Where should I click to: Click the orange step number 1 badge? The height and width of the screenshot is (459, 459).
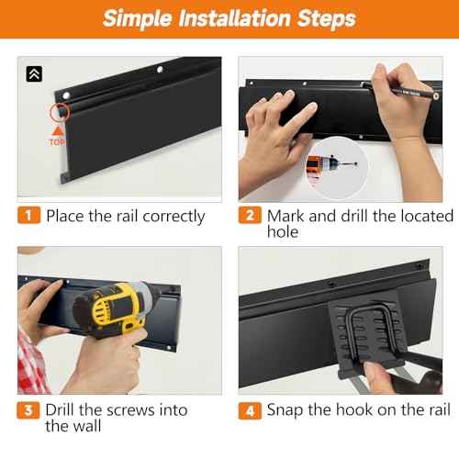point(28,215)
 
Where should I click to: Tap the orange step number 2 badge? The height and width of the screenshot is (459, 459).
point(250,215)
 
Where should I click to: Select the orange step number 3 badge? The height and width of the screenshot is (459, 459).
point(28,410)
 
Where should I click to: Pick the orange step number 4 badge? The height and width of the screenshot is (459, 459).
point(250,410)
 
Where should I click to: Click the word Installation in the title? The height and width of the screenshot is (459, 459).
point(234,18)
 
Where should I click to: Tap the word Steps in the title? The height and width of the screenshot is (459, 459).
point(327,18)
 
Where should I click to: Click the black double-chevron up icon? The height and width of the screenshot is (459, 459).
point(34,73)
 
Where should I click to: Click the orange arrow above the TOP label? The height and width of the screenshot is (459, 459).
point(57,130)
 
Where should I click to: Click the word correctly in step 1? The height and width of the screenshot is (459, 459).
point(174,217)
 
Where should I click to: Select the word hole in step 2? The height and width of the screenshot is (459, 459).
point(283,231)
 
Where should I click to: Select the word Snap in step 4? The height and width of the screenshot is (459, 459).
point(285,410)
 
